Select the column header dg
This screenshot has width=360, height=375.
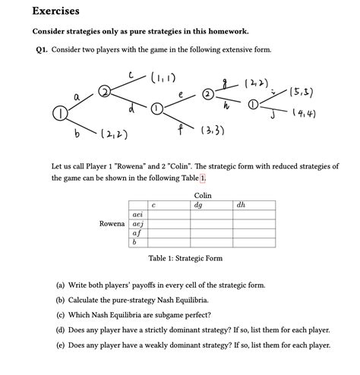[x=198, y=205]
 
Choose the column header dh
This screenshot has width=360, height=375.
[x=241, y=205]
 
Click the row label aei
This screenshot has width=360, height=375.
[x=137, y=215]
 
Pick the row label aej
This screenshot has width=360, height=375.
[x=137, y=225]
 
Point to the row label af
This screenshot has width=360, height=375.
[x=137, y=234]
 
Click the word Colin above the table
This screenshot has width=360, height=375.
[x=202, y=195]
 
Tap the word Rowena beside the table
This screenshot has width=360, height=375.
[x=112, y=225]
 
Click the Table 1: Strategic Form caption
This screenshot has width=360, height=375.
[x=185, y=259]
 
